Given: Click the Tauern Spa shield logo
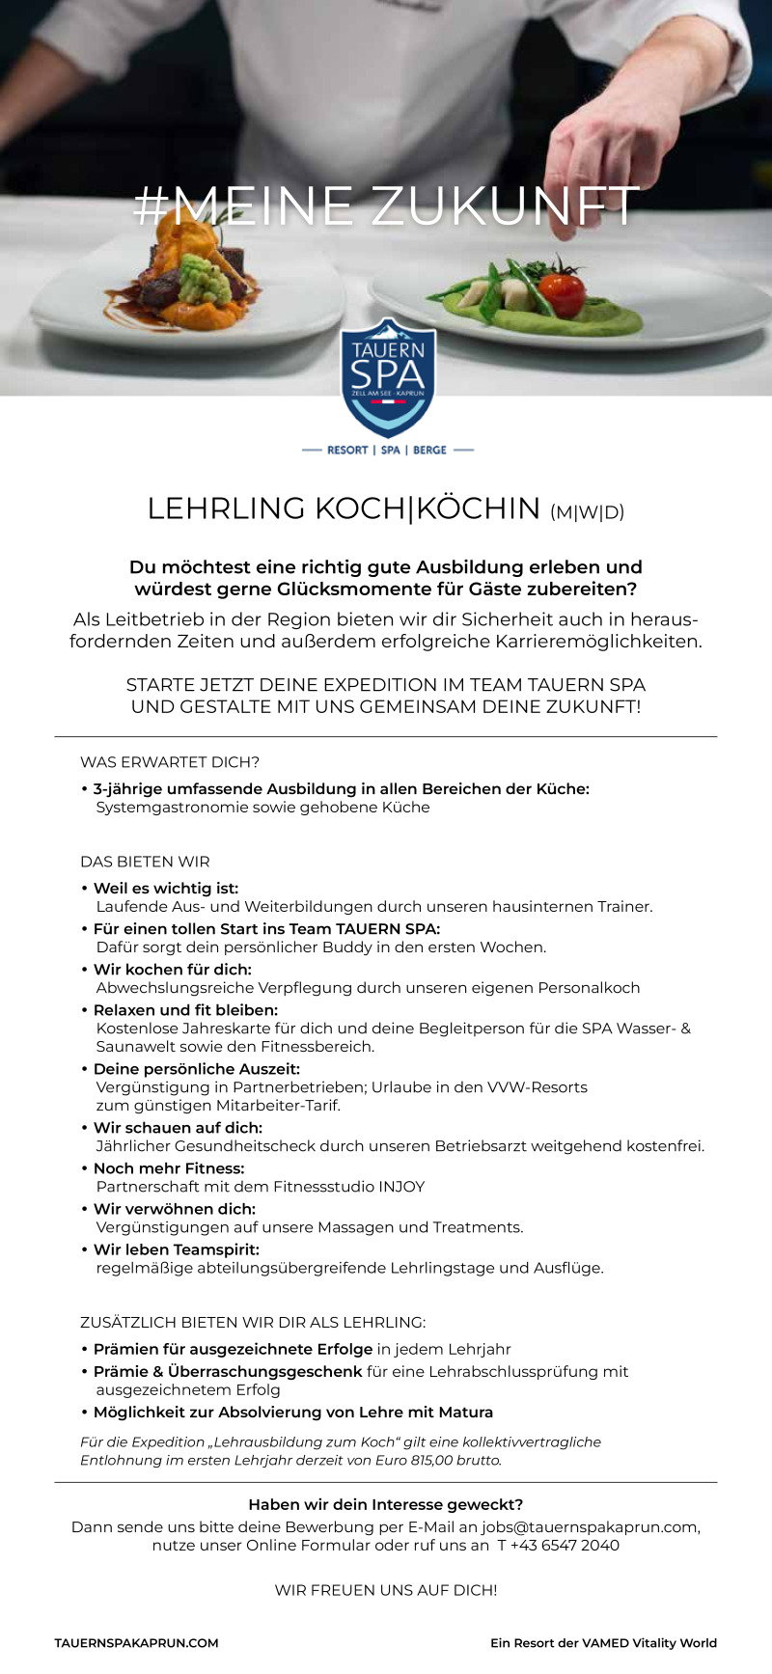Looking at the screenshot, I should pyautogui.click(x=388, y=377).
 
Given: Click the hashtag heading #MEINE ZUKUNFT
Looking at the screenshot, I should pyautogui.click(x=386, y=206).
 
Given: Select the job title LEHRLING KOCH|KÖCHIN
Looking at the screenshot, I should pyautogui.click(x=344, y=508).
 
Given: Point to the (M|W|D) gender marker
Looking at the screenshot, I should pyautogui.click(x=587, y=512).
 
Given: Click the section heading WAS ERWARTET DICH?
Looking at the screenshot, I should pyautogui.click(x=170, y=762).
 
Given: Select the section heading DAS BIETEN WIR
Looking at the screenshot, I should pyautogui.click(x=145, y=862).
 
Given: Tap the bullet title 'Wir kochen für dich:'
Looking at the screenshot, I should pyautogui.click(x=172, y=970).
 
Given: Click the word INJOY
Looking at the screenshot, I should pyautogui.click(x=398, y=1187).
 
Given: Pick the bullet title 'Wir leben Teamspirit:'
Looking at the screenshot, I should pyautogui.click(x=176, y=1249).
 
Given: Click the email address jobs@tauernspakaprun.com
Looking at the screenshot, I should pyautogui.click(x=589, y=1527).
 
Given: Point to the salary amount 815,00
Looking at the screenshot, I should pyautogui.click(x=439, y=1461).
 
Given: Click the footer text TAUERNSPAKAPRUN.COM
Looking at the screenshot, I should pyautogui.click(x=136, y=1643).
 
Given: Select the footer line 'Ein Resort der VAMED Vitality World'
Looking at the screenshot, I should pyautogui.click(x=603, y=1643).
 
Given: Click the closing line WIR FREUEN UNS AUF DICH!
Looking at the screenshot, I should pyautogui.click(x=386, y=1590).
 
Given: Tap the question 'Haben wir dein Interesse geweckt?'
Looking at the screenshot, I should pyautogui.click(x=386, y=1504).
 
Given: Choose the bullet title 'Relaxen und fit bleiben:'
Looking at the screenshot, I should pyautogui.click(x=185, y=1010).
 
